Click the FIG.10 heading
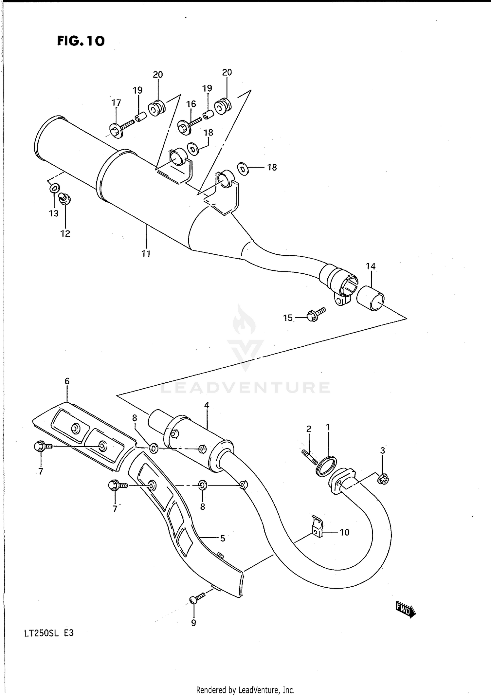81,41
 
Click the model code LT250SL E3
49,642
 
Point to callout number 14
370,266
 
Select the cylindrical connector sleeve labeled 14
370,298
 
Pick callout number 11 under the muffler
146,253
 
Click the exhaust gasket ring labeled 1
326,466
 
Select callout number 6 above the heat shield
67,381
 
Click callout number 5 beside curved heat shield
222,538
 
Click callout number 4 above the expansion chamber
207,405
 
